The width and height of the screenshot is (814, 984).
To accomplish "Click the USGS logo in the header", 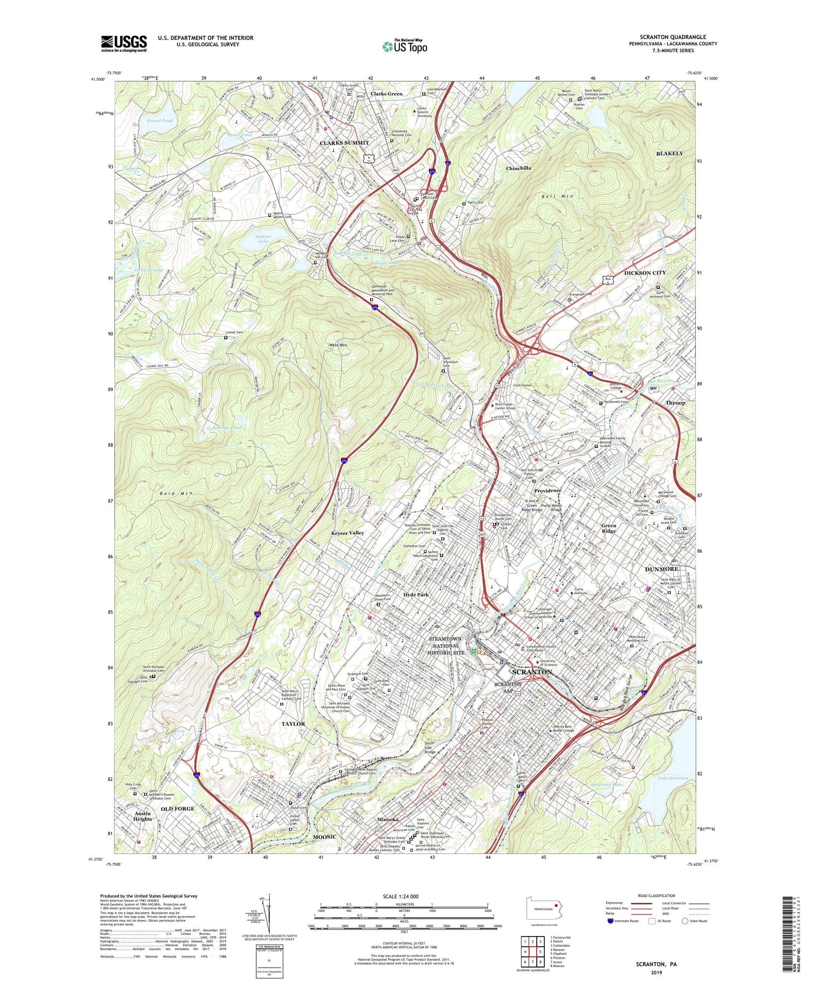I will [123, 43].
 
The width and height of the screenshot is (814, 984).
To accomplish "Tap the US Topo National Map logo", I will [404, 46].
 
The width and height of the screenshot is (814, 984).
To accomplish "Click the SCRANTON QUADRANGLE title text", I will [673, 37].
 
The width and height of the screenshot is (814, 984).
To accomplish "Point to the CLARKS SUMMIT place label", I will [344, 143].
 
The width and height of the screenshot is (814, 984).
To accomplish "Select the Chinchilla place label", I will [518, 169].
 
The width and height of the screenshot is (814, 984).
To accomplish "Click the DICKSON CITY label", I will [644, 273].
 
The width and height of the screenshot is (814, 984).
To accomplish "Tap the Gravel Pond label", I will [160, 121].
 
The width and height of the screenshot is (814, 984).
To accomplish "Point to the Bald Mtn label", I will [176, 494].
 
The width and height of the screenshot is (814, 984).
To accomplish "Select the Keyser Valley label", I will [348, 533].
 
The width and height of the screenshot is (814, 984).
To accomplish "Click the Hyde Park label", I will [416, 595].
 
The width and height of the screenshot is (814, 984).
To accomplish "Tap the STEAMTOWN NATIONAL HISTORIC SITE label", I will [446, 645].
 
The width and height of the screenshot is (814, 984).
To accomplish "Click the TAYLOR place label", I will [293, 724].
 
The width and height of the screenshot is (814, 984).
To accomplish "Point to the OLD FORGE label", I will [177, 809].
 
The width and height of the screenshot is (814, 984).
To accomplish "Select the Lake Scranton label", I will [673, 778].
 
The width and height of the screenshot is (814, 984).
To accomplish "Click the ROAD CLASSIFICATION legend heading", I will [656, 896].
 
